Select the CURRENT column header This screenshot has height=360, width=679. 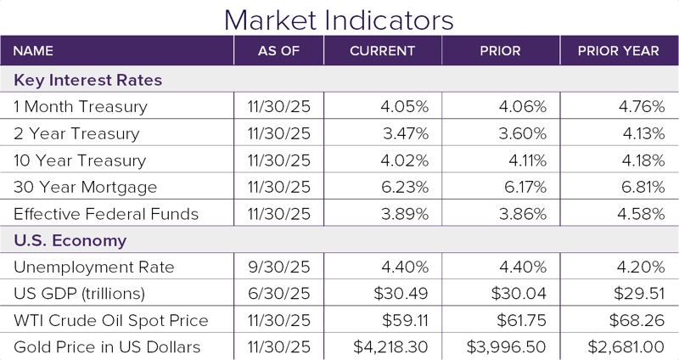point(382,51)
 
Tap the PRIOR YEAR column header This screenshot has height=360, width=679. point(618,51)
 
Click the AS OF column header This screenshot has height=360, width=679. point(278,51)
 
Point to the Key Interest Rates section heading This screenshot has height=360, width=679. point(88,80)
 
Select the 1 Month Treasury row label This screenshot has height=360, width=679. point(81,107)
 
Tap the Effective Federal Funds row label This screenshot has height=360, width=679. point(105,214)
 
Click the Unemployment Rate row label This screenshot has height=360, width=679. point(94,267)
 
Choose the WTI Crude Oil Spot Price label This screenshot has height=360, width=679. point(111,321)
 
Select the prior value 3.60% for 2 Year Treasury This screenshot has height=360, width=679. point(523,134)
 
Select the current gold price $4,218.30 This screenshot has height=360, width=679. point(391,347)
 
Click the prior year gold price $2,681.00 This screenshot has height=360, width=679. point(622,347)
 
